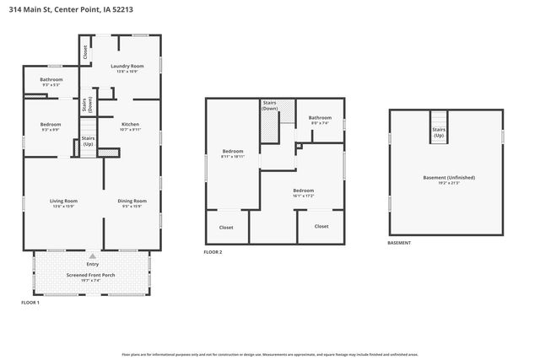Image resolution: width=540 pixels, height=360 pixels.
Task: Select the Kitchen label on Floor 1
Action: pos(130,124)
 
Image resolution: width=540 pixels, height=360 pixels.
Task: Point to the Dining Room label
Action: pos(133,201)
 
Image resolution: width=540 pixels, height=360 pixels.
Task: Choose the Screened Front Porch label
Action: pos(89,275)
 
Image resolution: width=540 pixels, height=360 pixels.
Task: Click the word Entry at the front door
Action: pos(92,264)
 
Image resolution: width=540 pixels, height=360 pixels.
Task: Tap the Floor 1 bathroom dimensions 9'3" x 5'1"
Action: pos(51,85)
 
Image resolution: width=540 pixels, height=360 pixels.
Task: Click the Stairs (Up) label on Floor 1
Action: pos(88,140)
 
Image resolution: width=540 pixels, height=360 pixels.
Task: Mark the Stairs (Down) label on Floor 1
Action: pos(86,105)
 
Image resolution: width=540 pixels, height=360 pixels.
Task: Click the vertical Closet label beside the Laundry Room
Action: pos(85,51)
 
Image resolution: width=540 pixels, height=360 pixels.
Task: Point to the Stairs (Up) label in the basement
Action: pos(439,132)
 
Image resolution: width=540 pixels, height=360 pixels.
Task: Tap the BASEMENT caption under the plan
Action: pos(399,243)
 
